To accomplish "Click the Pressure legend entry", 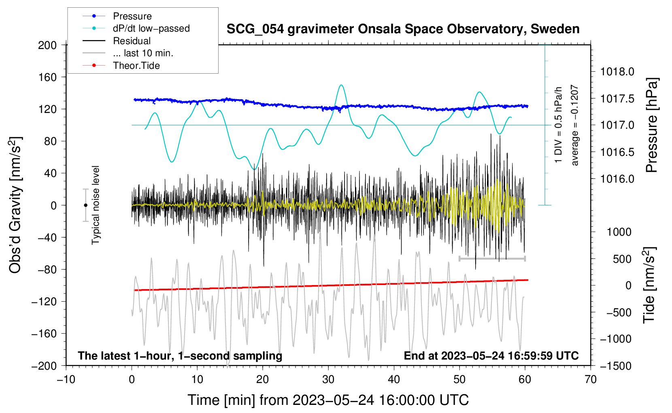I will pyautogui.click(x=132, y=16).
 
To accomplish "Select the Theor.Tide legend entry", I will pyautogui.click(x=136, y=66).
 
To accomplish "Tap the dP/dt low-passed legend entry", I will pyautogui.click(x=151, y=28).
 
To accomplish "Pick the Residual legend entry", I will pyautogui.click(x=132, y=41).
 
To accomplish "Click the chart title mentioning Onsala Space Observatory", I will pyautogui.click(x=403, y=29).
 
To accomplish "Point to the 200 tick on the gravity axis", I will pyautogui.click(x=47, y=45).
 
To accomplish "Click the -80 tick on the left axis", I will pyautogui.click(x=47, y=269).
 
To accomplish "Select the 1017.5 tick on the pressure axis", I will pyautogui.click(x=617, y=98).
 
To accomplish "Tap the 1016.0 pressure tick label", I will pyautogui.click(x=617, y=179).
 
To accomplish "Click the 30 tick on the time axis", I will pyautogui.click(x=328, y=379).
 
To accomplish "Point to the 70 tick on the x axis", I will pyautogui.click(x=591, y=379).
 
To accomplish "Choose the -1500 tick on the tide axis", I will pyautogui.click(x=616, y=366).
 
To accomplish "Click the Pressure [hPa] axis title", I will pyautogui.click(x=651, y=125).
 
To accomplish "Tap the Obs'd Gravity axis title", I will pyautogui.click(x=15, y=205).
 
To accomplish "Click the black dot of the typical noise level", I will pyautogui.click(x=85, y=205).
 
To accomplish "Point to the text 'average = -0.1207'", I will pyautogui.click(x=575, y=125).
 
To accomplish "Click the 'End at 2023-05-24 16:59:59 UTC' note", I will pyautogui.click(x=491, y=356).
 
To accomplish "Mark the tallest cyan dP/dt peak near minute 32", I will pyautogui.click(x=341, y=85).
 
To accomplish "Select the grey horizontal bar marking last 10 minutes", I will pyautogui.click(x=492, y=258).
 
